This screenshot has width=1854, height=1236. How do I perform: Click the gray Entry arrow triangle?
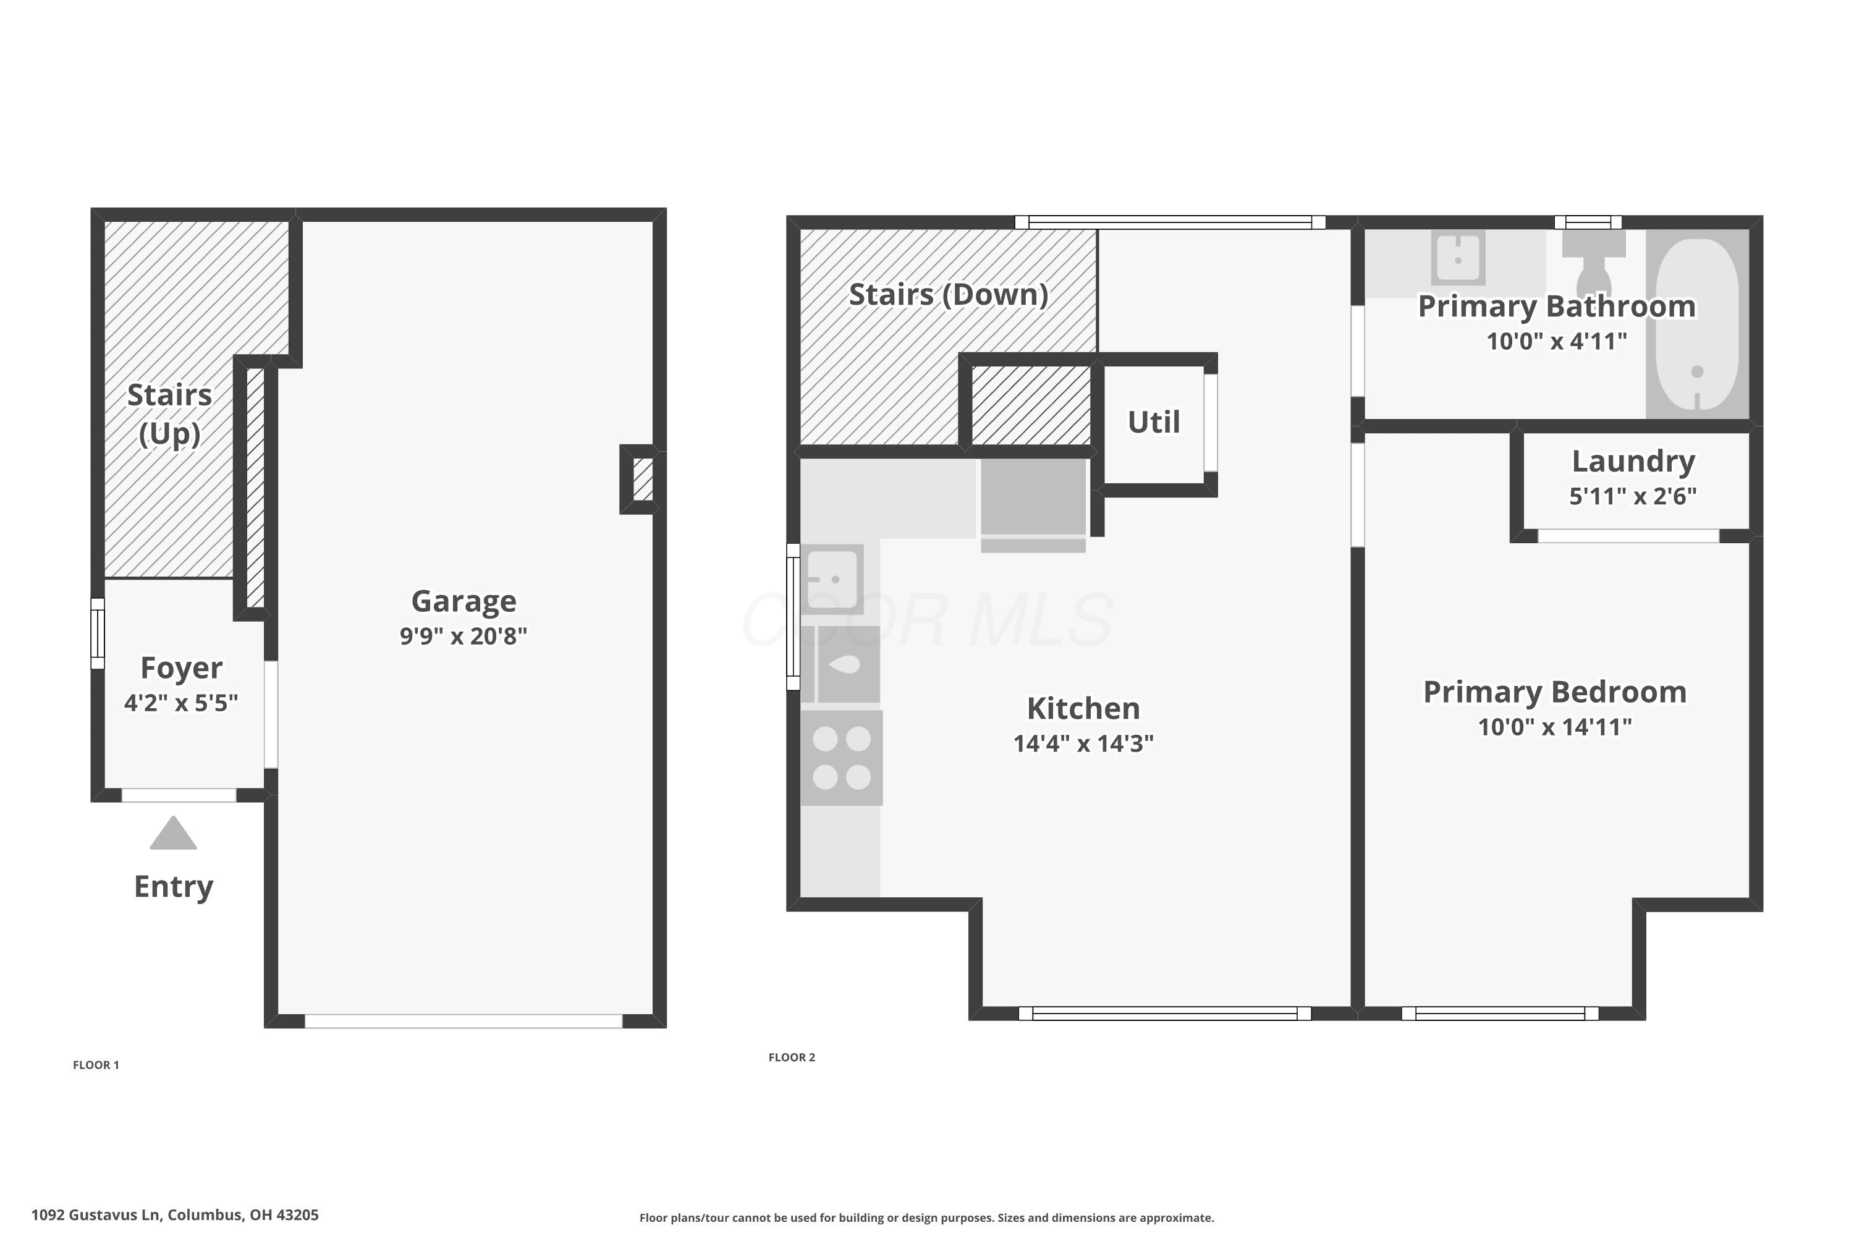pyautogui.click(x=174, y=834)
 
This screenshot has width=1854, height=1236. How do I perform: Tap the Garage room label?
pyautogui.click(x=463, y=601)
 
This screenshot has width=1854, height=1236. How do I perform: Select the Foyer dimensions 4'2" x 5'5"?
pyautogui.click(x=181, y=702)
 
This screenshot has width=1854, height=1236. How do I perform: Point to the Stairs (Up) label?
pyautogui.click(x=169, y=414)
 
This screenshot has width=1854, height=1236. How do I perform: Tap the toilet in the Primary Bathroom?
pyautogui.click(x=1593, y=263)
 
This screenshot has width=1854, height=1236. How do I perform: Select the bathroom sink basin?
pyautogui.click(x=1458, y=258)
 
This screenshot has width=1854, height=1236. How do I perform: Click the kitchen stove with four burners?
pyautogui.click(x=842, y=758)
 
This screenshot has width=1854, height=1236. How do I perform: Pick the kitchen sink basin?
pyautogui.click(x=833, y=578)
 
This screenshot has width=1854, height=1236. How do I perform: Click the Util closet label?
pyautogui.click(x=1154, y=423)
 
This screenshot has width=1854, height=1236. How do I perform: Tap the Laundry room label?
pyautogui.click(x=1633, y=462)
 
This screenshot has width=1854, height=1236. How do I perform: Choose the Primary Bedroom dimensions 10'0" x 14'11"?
pyautogui.click(x=1554, y=727)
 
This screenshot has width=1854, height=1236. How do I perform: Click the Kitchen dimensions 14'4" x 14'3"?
pyautogui.click(x=1083, y=743)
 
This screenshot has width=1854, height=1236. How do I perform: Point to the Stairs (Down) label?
pyautogui.click(x=948, y=295)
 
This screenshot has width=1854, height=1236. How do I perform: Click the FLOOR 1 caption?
pyautogui.click(x=96, y=1065)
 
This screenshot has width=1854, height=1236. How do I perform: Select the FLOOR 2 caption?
pyautogui.click(x=792, y=1057)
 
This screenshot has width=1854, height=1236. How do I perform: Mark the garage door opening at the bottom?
pyautogui.click(x=463, y=1022)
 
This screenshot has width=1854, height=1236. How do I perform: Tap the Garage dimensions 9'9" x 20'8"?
pyautogui.click(x=463, y=636)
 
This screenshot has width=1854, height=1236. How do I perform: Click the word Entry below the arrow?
pyautogui.click(x=174, y=887)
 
